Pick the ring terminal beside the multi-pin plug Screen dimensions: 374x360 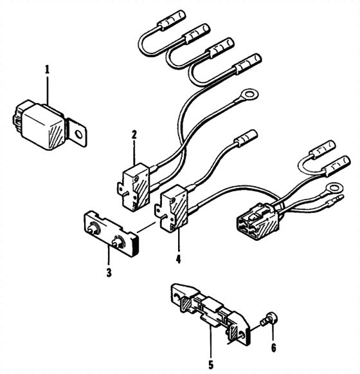click(332, 189)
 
